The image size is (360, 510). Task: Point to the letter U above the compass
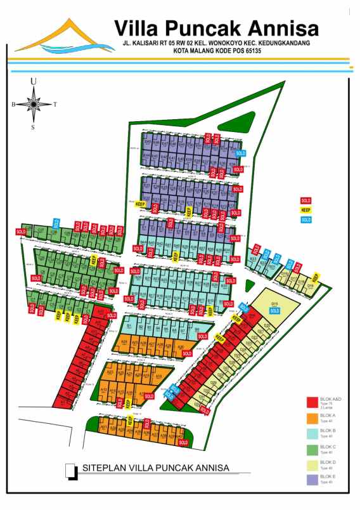(x=34, y=81)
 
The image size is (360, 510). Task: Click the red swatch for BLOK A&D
(x=312, y=402)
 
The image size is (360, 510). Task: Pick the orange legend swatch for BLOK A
(x=312, y=418)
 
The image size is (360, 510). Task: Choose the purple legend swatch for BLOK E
(x=312, y=479)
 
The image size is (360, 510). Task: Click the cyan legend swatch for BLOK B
(x=312, y=433)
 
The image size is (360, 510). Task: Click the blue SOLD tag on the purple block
(x=240, y=153)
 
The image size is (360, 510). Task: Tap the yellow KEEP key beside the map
(x=306, y=209)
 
